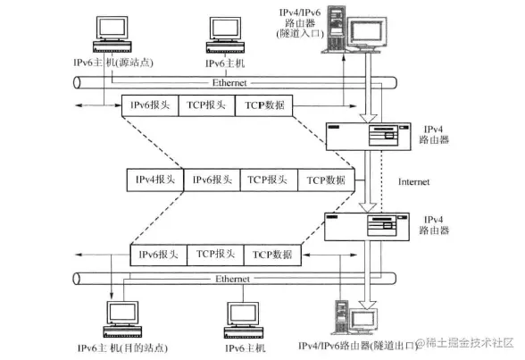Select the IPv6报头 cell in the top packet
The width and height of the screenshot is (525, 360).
point(150,105)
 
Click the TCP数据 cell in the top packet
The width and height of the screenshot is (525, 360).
point(263,105)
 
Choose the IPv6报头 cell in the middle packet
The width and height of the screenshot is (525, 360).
point(212,180)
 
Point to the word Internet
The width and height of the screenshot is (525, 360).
point(414,181)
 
